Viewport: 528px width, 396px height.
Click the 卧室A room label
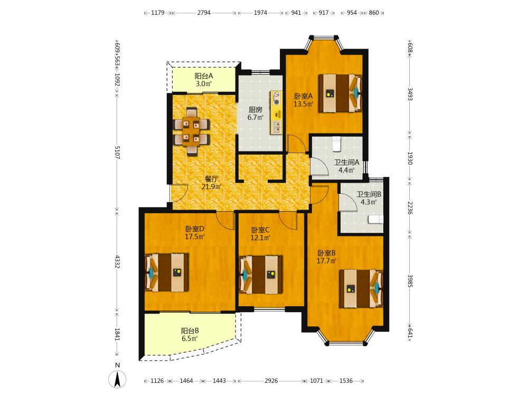click(x=304, y=96)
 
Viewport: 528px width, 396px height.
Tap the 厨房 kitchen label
click(x=255, y=110)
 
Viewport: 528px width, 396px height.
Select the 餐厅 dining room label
click(x=212, y=179)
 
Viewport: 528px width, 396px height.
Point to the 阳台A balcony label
click(x=204, y=76)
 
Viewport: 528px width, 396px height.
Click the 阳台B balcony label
click(x=190, y=331)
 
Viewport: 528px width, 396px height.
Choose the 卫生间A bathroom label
click(x=346, y=162)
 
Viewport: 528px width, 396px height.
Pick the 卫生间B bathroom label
click(x=369, y=194)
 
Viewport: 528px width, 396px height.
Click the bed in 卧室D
click(x=167, y=272)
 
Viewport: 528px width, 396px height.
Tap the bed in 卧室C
click(x=261, y=275)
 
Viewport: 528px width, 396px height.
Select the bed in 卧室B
click(x=361, y=288)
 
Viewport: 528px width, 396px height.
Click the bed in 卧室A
click(x=341, y=93)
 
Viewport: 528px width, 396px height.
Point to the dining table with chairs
click(x=192, y=131)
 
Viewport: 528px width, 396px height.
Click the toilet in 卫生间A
click(x=337, y=144)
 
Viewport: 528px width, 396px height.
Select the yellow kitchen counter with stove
click(x=276, y=112)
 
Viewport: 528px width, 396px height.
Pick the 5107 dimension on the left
click(x=117, y=152)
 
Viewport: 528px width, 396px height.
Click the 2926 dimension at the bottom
click(x=271, y=381)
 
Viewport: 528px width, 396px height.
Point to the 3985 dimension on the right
click(x=410, y=281)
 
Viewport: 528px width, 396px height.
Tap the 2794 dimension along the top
click(x=204, y=13)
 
